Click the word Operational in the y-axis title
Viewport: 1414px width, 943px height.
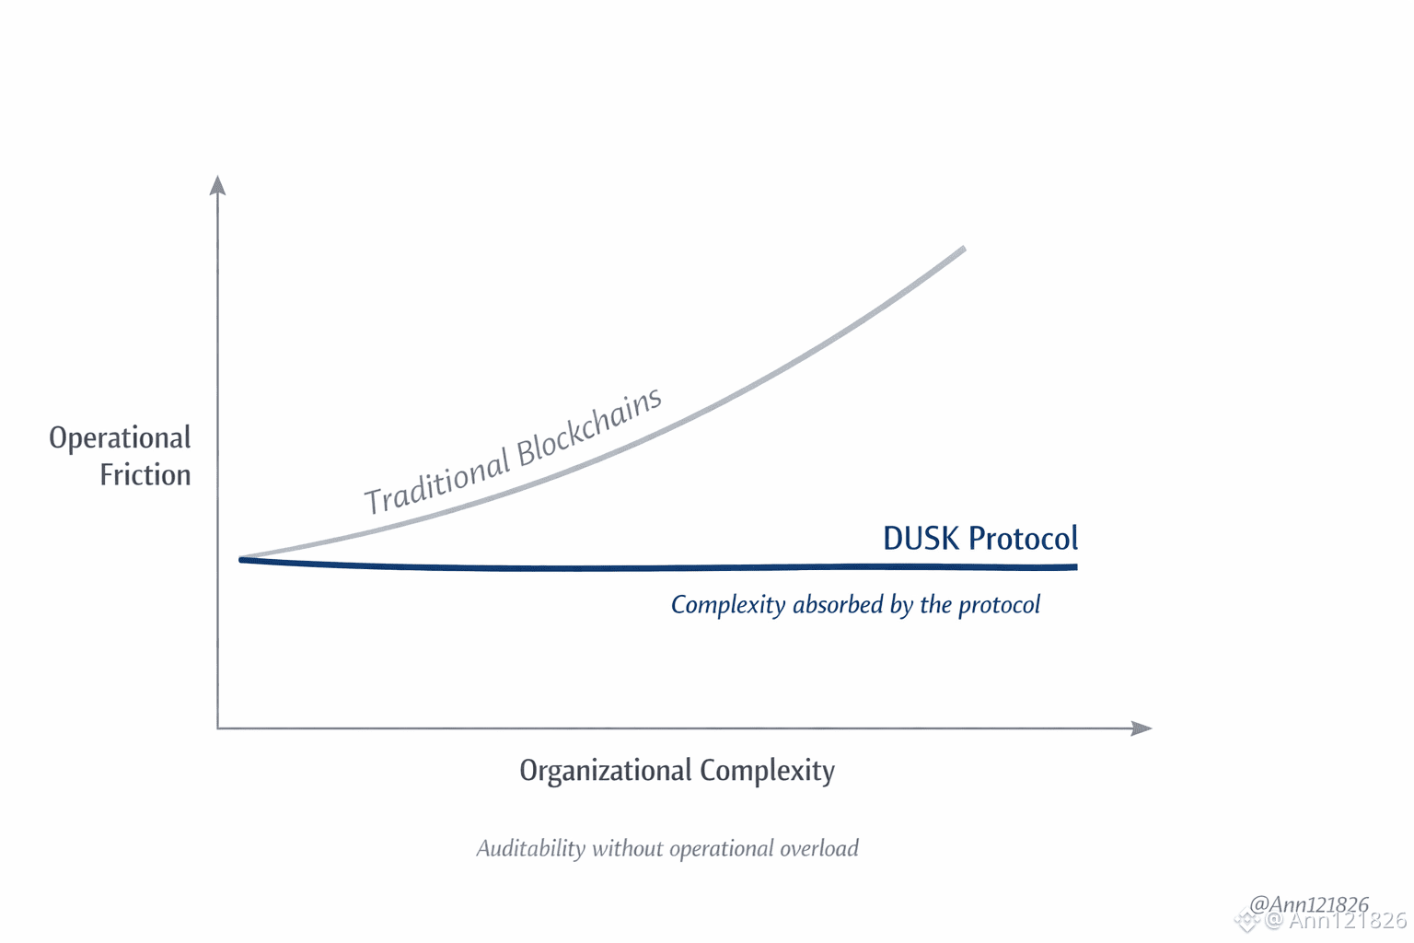[x=120, y=438]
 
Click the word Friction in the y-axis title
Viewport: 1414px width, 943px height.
[x=145, y=475]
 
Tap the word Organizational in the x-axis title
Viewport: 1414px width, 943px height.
[x=605, y=771]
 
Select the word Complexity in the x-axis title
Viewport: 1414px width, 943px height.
[x=767, y=771]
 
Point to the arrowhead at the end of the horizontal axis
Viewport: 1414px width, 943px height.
[x=1142, y=728]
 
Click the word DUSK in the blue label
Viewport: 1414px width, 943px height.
[x=921, y=539]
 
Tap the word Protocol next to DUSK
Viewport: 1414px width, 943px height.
[x=1023, y=539]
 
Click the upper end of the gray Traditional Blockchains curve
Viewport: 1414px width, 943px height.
[x=962, y=249]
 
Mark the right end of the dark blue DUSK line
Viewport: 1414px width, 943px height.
[x=1074, y=567]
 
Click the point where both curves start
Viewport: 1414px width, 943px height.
[x=242, y=559]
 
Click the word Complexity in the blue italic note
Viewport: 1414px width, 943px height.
[x=727, y=606]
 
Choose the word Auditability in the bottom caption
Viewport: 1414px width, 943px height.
[x=530, y=849]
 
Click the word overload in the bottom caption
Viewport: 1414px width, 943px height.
[x=819, y=848]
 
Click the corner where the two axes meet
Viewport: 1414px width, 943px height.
[x=218, y=728]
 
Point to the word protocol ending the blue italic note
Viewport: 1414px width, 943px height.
[x=999, y=606]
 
